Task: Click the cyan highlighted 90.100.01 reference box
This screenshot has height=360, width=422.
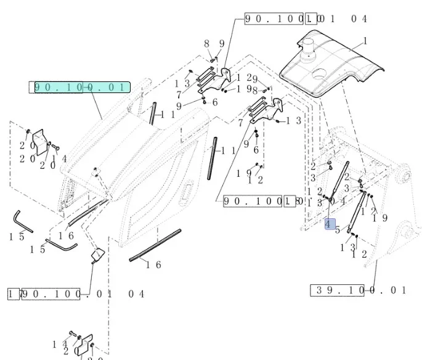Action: click(x=81, y=87)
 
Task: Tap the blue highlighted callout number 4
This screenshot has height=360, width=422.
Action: click(x=329, y=224)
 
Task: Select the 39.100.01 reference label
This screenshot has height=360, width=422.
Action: click(x=359, y=290)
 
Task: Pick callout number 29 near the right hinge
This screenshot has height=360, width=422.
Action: click(x=251, y=78)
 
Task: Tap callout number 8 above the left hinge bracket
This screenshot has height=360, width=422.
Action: click(x=208, y=43)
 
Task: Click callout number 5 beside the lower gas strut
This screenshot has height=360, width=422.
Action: click(x=338, y=231)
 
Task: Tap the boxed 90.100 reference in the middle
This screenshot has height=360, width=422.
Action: click(x=252, y=201)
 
